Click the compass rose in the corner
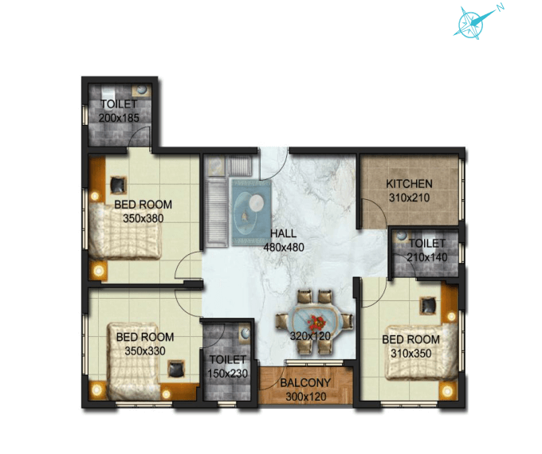(x=471, y=22)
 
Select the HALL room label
(x=283, y=233)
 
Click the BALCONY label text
(x=306, y=383)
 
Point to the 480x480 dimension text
(x=284, y=247)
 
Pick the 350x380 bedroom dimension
(x=143, y=217)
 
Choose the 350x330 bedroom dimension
(x=144, y=350)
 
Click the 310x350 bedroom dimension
(x=410, y=352)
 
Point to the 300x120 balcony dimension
(x=306, y=396)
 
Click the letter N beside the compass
(x=500, y=7)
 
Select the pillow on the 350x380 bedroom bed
(x=116, y=185)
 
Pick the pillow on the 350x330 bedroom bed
(x=175, y=368)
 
